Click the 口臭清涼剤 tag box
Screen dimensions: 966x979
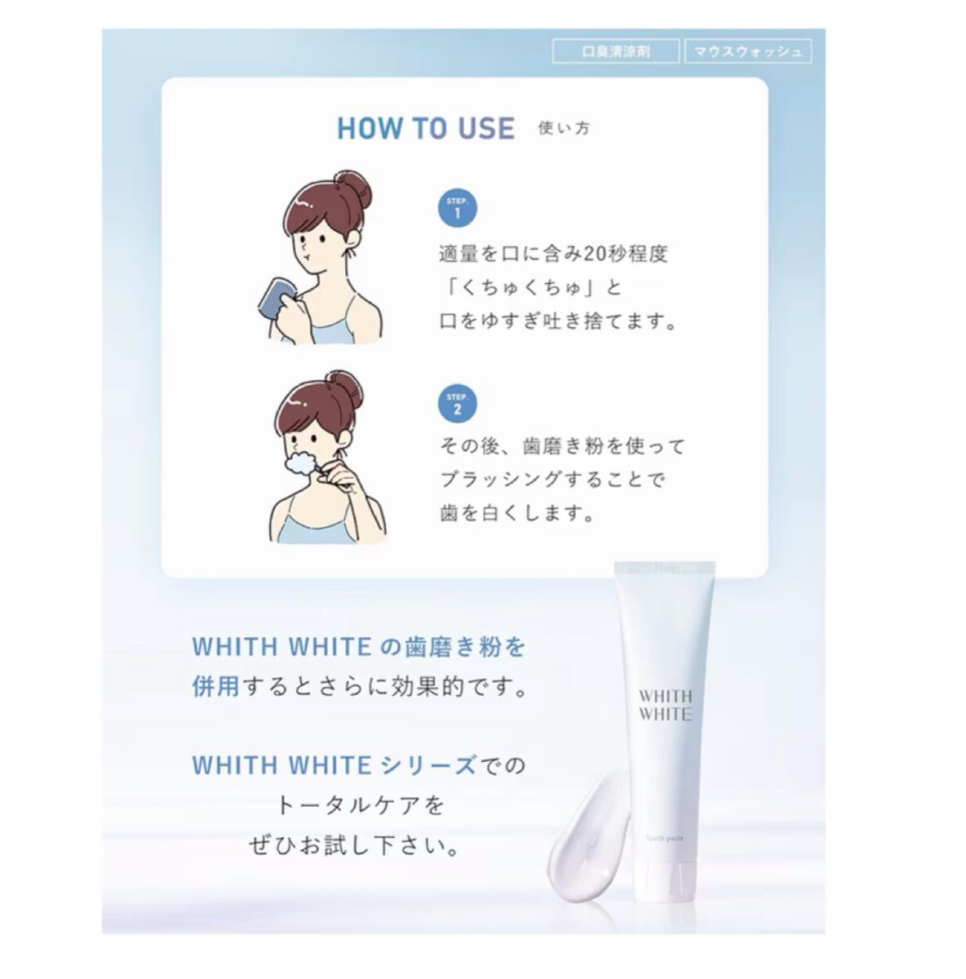tap(615, 51)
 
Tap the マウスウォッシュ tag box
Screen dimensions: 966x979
tap(748, 51)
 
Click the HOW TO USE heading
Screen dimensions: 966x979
tap(426, 129)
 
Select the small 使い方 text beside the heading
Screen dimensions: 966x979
tap(564, 128)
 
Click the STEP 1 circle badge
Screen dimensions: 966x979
tap(458, 208)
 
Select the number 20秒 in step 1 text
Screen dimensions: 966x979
tap(605, 253)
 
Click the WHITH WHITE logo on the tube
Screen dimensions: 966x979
tap(665, 705)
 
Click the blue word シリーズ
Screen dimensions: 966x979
tap(428, 765)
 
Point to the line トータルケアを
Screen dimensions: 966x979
tap(360, 805)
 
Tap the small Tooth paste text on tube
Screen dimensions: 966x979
tap(665, 838)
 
